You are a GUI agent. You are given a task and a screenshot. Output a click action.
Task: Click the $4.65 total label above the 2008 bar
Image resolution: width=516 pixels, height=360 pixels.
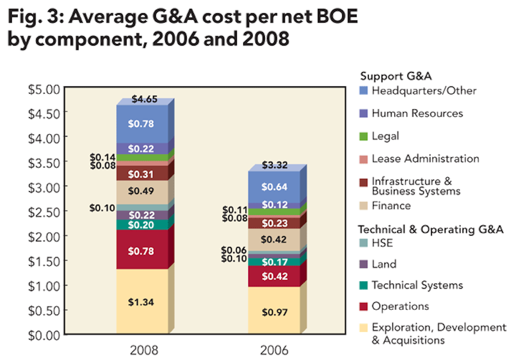pyautogui.click(x=144, y=99)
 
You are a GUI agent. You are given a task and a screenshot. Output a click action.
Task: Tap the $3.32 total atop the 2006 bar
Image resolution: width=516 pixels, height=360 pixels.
pyautogui.click(x=274, y=165)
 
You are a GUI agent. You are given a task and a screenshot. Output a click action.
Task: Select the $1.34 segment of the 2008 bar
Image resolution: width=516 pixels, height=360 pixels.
pyautogui.click(x=141, y=302)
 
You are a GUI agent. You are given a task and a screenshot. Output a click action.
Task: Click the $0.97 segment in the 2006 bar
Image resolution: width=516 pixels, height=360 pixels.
pyautogui.click(x=274, y=312)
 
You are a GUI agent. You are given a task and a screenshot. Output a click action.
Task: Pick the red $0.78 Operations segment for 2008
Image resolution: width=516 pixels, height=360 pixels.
pyautogui.click(x=141, y=251)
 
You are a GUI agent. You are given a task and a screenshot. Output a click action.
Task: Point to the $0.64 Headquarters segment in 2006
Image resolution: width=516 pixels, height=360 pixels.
pyautogui.click(x=274, y=187)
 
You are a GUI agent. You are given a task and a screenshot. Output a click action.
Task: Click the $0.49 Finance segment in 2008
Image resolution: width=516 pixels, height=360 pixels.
pyautogui.click(x=141, y=191)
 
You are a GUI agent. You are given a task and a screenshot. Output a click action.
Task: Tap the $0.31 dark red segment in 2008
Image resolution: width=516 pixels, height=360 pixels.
pyautogui.click(x=141, y=174)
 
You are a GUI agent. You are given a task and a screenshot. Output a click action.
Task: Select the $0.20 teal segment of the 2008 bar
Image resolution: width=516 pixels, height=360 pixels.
pyautogui.click(x=141, y=225)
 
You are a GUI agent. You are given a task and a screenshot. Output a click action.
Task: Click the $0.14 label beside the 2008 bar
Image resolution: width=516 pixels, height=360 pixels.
pyautogui.click(x=102, y=157)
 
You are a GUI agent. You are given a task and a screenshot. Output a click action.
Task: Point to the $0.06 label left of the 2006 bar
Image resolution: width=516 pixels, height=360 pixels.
pyautogui.click(x=234, y=250)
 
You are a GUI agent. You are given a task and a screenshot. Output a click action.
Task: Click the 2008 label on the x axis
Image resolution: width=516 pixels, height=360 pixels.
pyautogui.click(x=144, y=350)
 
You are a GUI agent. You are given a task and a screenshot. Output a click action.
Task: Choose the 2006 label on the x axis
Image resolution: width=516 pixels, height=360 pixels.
pyautogui.click(x=274, y=350)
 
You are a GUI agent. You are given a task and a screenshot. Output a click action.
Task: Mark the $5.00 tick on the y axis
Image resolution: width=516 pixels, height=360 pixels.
pyautogui.click(x=44, y=89)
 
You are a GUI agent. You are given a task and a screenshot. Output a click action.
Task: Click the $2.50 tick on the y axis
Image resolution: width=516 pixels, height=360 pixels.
pyautogui.click(x=44, y=212)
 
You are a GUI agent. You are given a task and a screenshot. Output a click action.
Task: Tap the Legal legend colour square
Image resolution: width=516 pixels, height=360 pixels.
pyautogui.click(x=363, y=136)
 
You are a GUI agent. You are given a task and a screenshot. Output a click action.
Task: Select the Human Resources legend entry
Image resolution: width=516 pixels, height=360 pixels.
pyautogui.click(x=417, y=114)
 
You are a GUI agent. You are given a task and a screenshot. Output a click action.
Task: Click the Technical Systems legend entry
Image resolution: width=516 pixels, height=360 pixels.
pyautogui.click(x=417, y=285)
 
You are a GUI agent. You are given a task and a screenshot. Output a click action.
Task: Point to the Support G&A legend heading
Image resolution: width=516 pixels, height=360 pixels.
pyautogui.click(x=396, y=76)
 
